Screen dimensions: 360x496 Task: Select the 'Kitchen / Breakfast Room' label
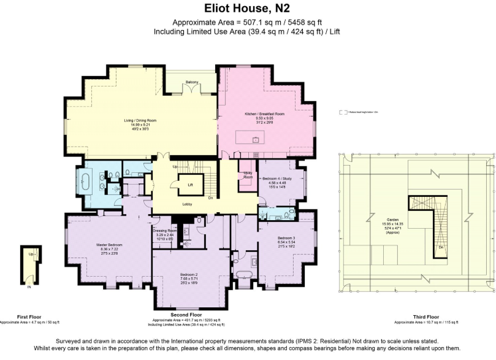(265, 114)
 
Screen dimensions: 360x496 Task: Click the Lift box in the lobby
(191, 183)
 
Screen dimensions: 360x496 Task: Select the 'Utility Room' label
(248, 176)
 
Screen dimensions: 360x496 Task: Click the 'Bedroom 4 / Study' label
(274, 178)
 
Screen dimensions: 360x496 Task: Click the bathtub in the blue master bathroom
(86, 183)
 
